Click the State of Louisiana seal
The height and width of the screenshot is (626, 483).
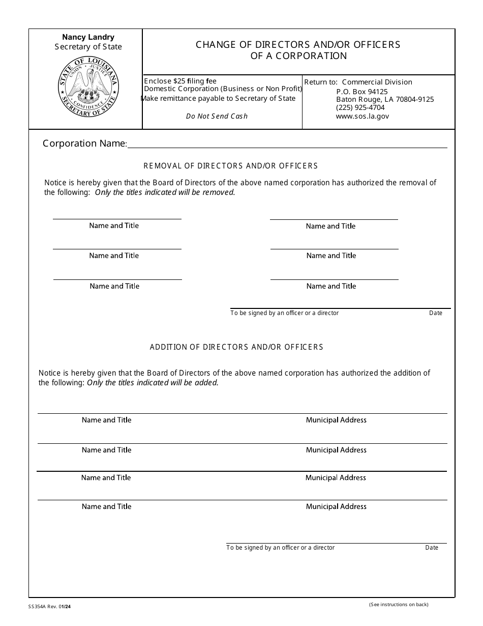pyautogui.click(x=88, y=87)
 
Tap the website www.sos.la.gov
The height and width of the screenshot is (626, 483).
pyautogui.click(x=362, y=116)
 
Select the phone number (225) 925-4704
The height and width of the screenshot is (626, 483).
pyautogui.click(x=360, y=107)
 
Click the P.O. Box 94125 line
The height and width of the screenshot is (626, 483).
pyautogui.click(x=361, y=91)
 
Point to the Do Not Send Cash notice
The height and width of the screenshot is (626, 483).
pyautogui.click(x=217, y=116)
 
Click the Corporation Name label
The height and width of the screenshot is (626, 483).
pyautogui.click(x=84, y=144)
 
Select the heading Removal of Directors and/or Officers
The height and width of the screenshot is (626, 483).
pyautogui.click(x=230, y=166)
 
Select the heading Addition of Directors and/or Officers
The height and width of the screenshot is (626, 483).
pyautogui.click(x=236, y=347)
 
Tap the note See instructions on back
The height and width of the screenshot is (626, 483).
pyautogui.click(x=399, y=605)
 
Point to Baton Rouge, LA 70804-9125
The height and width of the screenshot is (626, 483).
pyautogui.click(x=385, y=99)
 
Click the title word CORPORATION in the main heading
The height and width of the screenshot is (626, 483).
pyautogui.click(x=311, y=56)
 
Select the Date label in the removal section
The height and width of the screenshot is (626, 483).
pyautogui.click(x=436, y=313)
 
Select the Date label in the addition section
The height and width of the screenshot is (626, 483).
pyautogui.click(x=432, y=548)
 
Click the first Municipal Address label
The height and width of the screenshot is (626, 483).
pyautogui.click(x=336, y=420)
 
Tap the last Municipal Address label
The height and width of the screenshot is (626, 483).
pyautogui.click(x=336, y=506)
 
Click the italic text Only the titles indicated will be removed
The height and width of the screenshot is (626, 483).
pyautogui.click(x=165, y=192)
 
